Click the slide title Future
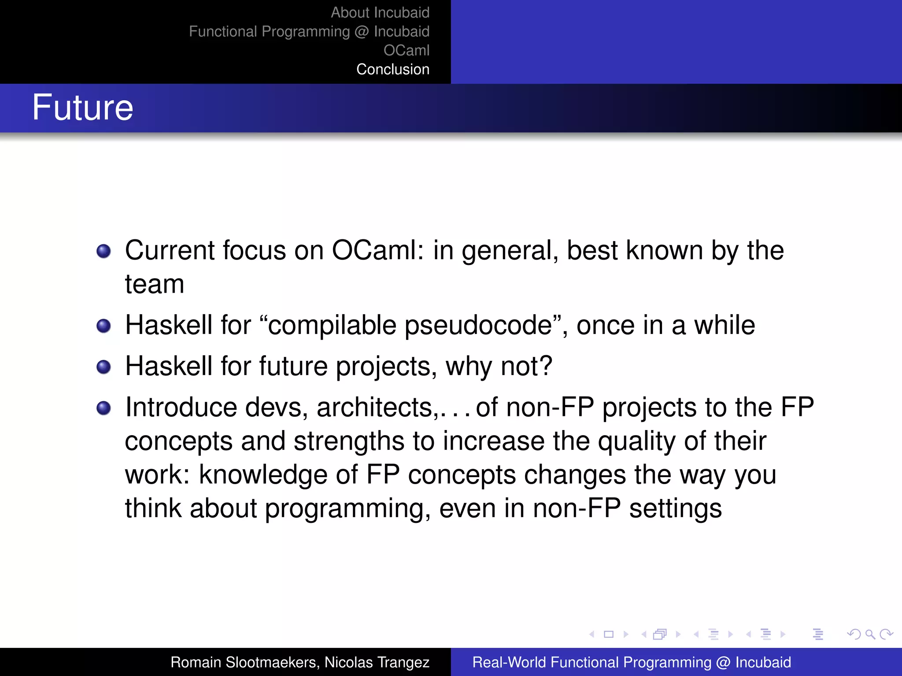(x=82, y=108)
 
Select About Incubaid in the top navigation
(x=380, y=13)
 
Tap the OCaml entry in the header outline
(x=406, y=51)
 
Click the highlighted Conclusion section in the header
(x=392, y=70)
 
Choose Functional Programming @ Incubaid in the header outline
(x=309, y=32)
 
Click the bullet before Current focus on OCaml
(x=104, y=251)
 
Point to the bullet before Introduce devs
(x=104, y=408)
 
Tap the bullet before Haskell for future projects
(x=104, y=367)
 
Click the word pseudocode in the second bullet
(x=478, y=326)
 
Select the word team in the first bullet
(x=154, y=284)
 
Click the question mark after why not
(x=546, y=366)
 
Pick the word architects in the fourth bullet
(x=374, y=408)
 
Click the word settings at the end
(x=675, y=509)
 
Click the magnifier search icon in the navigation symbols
(x=870, y=634)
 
